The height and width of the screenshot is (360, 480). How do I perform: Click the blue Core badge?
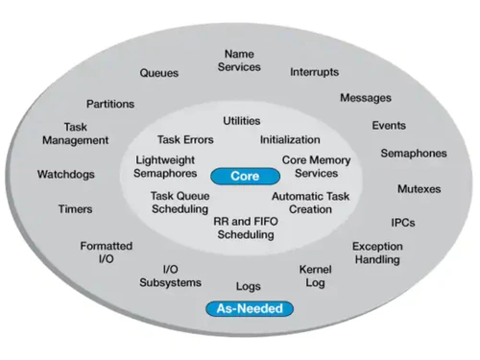(246, 177)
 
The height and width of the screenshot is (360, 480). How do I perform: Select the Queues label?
(159, 72)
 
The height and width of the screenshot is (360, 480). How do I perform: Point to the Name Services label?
(239, 60)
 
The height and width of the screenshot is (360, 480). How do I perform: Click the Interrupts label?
(315, 72)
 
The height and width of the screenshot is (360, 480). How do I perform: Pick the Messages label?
(366, 98)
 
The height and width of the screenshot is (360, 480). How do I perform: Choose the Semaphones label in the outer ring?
(414, 154)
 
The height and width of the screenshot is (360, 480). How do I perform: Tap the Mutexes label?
(419, 189)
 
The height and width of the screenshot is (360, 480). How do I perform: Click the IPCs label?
(403, 224)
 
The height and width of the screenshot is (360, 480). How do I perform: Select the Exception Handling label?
(377, 253)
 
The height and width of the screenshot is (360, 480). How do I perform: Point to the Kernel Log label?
(315, 276)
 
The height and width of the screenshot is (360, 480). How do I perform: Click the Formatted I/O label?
(106, 252)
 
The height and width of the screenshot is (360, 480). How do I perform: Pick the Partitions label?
(110, 104)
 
